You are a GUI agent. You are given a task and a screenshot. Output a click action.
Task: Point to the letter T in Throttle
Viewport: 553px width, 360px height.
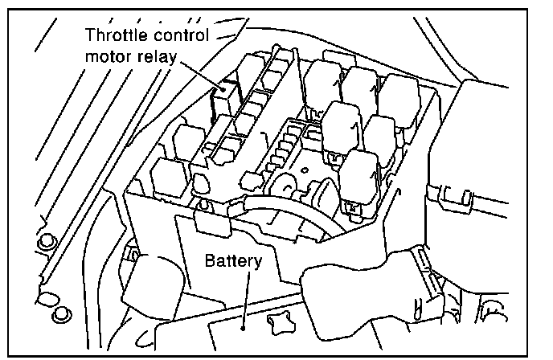[x=91, y=35]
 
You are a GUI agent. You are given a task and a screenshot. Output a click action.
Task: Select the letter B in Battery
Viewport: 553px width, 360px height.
[x=209, y=262]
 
